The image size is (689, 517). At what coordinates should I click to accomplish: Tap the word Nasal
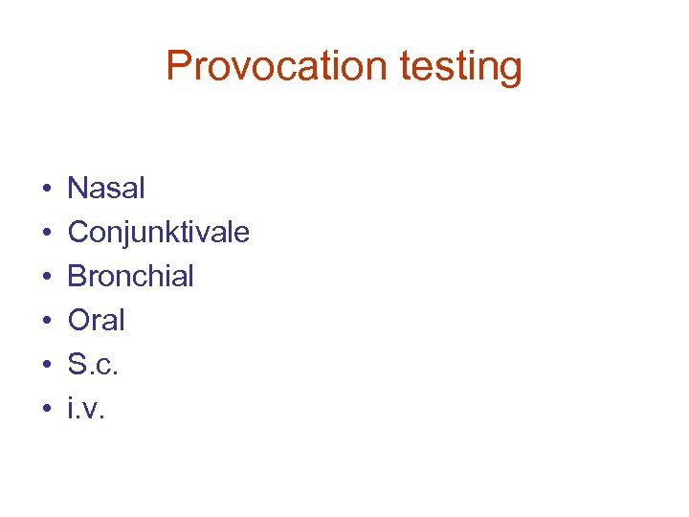coord(106,188)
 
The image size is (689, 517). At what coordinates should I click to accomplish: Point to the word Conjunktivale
coord(158,233)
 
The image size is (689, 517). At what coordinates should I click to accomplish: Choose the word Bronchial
coord(130,276)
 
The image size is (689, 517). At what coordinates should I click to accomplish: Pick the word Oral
coord(96,320)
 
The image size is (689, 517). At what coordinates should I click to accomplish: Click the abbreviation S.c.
coord(93,365)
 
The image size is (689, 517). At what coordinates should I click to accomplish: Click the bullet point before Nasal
coord(46,190)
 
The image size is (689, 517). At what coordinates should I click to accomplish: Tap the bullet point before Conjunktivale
coord(46,234)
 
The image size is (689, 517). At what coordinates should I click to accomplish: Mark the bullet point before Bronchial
coord(46,278)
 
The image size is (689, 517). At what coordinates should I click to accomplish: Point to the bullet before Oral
coord(46,322)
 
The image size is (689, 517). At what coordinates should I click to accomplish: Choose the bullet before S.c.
coord(46,366)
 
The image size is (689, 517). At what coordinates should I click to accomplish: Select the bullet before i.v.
coord(46,410)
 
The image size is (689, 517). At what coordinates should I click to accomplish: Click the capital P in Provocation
coord(178,66)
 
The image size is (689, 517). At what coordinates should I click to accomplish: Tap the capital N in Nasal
coord(77,188)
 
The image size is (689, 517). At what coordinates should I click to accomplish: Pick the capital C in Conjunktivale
coord(78,232)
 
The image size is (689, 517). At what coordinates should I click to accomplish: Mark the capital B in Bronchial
coord(76,276)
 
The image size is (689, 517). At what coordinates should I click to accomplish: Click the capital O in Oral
coord(78,320)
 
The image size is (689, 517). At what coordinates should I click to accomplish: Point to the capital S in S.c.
coord(76,364)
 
